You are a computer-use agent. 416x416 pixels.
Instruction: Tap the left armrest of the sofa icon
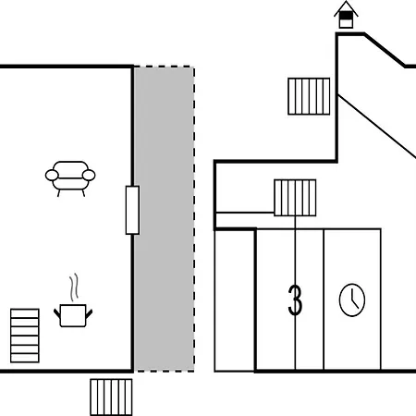pos(52,175)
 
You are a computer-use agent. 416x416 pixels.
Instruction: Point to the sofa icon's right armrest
pos(89,175)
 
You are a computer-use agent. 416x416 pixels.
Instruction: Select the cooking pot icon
pos(73,315)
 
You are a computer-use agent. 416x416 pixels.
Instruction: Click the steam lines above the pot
pos(73,288)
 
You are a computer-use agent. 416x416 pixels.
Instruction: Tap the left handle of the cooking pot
pos(57,314)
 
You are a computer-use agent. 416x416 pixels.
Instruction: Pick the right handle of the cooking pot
pos(89,314)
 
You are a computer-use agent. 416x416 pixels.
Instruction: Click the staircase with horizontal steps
pos(25,336)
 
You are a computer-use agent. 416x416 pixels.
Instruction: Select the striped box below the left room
pos(111,398)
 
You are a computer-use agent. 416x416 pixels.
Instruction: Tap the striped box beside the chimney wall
pos(309,96)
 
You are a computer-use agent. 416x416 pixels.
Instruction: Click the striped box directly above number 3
pos(295,198)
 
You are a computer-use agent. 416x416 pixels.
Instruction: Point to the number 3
pos(295,300)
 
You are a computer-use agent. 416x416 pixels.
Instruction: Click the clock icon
pos(352,300)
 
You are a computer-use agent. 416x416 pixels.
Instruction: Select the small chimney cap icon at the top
pos(346,15)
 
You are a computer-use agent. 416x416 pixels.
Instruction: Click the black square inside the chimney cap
pos(346,15)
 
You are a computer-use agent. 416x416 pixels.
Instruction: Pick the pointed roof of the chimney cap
pos(346,8)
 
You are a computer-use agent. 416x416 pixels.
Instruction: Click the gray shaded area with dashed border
pos(165,219)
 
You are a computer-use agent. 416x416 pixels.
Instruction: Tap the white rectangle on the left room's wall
pos(132,210)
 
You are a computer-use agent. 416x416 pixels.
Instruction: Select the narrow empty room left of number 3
pos(235,300)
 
